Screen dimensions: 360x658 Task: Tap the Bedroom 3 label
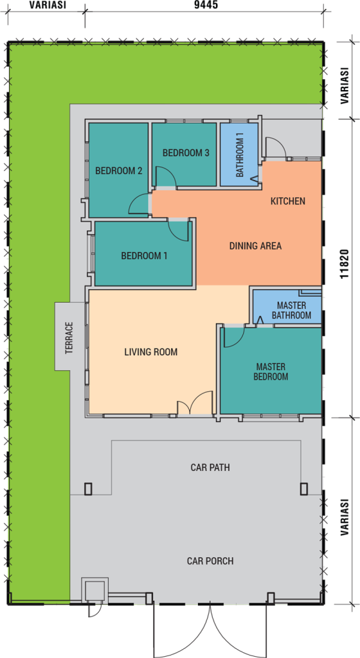click(x=186, y=153)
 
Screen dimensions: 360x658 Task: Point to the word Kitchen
click(x=287, y=201)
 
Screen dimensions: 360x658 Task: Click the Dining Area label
click(x=255, y=246)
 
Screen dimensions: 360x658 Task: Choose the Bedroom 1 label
click(x=145, y=256)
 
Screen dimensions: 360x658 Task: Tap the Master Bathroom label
click(x=291, y=310)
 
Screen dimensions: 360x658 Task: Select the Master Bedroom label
click(x=271, y=371)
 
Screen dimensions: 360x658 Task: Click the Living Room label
click(x=150, y=352)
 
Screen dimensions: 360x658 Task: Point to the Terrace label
click(x=69, y=337)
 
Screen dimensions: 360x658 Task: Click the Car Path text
click(x=210, y=467)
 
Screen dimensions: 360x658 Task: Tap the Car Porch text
click(x=210, y=560)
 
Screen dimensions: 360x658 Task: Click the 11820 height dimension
click(x=345, y=264)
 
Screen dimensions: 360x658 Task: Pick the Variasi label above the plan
click(x=48, y=5)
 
